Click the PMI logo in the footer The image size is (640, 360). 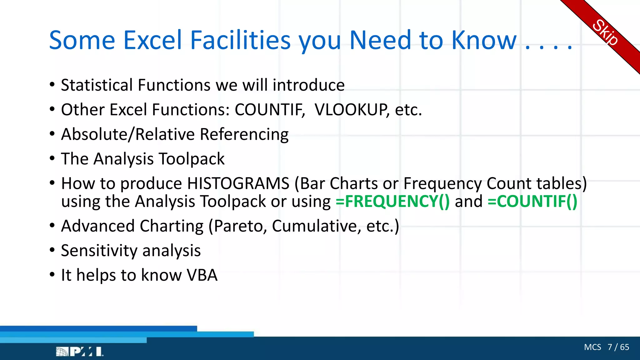[79, 352]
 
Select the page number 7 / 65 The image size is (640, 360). [618, 347]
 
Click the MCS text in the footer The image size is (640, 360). [592, 347]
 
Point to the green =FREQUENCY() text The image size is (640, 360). [392, 201]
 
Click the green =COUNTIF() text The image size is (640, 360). [532, 201]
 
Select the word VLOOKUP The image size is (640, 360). [352, 110]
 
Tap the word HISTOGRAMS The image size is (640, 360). [238, 183]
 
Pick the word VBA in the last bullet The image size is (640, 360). [202, 275]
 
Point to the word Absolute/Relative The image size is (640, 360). [128, 134]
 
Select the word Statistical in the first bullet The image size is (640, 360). [97, 85]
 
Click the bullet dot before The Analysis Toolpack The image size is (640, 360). [52, 158]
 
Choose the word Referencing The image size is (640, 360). [244, 134]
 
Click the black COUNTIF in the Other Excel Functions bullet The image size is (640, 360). [270, 110]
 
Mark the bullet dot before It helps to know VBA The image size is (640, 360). [52, 275]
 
